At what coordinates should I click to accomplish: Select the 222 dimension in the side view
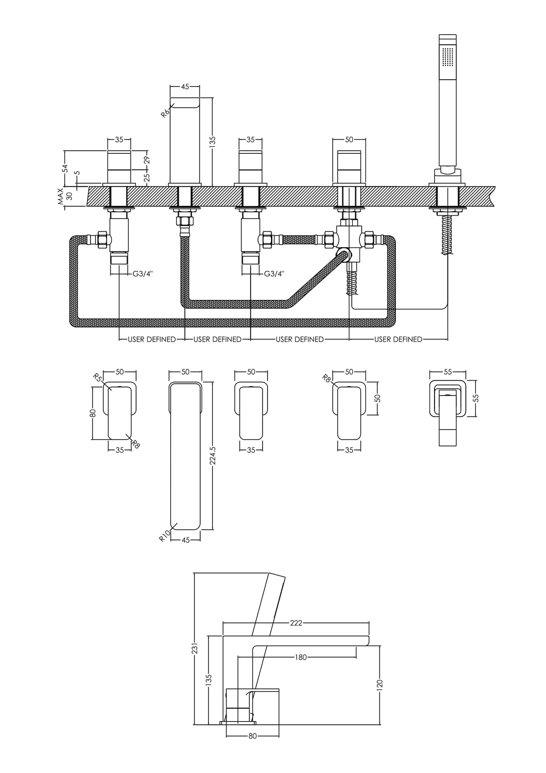pyautogui.click(x=296, y=623)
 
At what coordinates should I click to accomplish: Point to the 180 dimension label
pyautogui.click(x=301, y=657)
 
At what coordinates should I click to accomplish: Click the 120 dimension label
pyautogui.click(x=380, y=684)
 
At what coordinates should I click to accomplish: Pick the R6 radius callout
pyautogui.click(x=165, y=112)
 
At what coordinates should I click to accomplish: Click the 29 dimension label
pyautogui.click(x=147, y=160)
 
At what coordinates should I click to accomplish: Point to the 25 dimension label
pyautogui.click(x=147, y=178)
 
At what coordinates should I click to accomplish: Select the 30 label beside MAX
pyautogui.click(x=70, y=197)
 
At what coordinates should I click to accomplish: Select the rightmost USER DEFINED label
pyautogui.click(x=398, y=339)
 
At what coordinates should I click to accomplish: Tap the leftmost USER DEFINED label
pyautogui.click(x=152, y=339)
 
